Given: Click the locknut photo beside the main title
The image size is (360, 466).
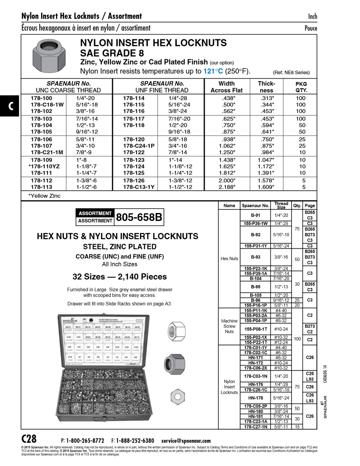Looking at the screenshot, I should coord(49,56).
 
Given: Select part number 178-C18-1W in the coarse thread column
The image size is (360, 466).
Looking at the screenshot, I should coord(47,105).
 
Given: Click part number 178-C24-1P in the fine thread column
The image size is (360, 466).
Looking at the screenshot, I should coord(138,146).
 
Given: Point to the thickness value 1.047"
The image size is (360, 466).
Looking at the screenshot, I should coord(266,160).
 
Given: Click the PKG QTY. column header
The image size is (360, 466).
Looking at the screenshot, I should coord(301,87).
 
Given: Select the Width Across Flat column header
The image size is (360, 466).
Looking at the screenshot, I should coord(226,87).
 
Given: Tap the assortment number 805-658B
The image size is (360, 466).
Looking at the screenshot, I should coord(139,217).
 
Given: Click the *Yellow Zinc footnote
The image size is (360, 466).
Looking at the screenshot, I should coord(44,196).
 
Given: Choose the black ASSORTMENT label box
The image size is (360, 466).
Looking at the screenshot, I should coord(95,213).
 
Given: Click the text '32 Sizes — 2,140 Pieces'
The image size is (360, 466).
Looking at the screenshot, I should coord(119,277).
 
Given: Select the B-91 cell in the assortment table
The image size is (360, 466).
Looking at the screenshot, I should coord(256,215).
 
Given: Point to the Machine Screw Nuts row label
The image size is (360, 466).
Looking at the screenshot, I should coord(229,326).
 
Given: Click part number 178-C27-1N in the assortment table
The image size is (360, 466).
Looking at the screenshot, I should coord(256,427).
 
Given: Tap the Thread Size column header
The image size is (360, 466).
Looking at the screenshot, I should coord(281,205).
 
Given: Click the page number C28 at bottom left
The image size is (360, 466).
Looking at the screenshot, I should coord(29,439).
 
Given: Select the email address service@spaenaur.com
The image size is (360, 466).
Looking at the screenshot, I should coord(186,441).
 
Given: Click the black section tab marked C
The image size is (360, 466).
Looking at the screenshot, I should coord(10,106).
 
